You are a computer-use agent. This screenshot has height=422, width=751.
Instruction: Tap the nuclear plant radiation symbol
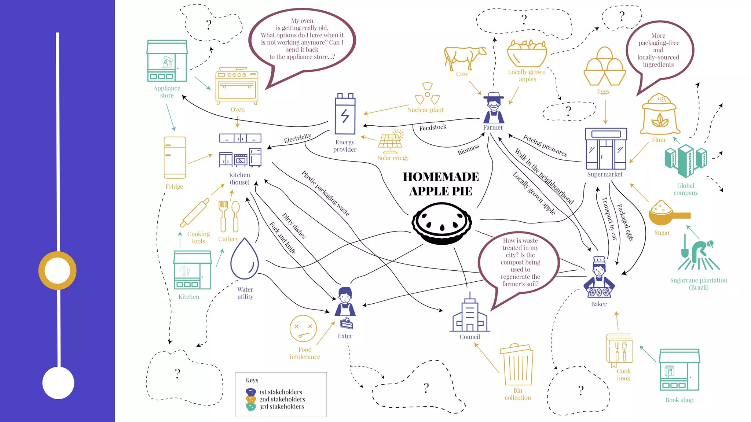427,95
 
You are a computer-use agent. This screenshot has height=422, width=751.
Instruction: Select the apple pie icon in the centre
442,223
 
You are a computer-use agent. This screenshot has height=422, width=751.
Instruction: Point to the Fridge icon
175,158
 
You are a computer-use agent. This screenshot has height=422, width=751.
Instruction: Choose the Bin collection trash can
517,364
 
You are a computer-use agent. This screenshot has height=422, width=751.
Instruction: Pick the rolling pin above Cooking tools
195,212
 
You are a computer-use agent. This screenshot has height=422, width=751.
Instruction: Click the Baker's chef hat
599,260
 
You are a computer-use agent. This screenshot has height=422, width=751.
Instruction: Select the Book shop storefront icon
679,370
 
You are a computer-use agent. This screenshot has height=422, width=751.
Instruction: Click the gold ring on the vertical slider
58,271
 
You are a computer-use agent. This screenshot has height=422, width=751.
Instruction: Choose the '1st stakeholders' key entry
281,392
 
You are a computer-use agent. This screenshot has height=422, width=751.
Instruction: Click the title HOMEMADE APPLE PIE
441,184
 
